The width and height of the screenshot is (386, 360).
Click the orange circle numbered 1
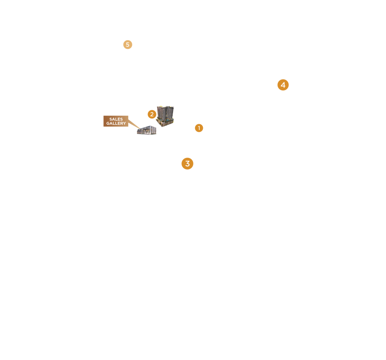(x=199, y=128)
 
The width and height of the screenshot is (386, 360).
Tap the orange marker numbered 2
(x=152, y=114)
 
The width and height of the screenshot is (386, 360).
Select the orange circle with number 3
(x=187, y=163)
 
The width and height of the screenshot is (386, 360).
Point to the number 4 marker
(x=283, y=85)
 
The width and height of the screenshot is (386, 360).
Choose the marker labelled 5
(x=128, y=45)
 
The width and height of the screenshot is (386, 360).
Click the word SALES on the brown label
(x=116, y=119)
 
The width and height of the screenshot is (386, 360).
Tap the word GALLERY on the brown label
(x=116, y=124)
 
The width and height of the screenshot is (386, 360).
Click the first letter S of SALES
(x=111, y=119)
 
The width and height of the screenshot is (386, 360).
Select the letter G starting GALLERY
(x=108, y=124)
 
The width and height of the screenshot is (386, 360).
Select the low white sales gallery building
(x=147, y=130)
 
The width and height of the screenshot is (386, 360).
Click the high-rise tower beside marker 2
(x=165, y=113)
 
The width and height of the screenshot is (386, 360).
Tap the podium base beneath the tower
(x=164, y=122)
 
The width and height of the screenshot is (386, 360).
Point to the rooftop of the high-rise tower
(x=166, y=107)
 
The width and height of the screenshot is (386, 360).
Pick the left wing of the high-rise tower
(x=161, y=113)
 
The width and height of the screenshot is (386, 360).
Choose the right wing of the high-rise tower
(x=170, y=112)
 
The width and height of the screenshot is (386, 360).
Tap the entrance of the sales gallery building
(x=146, y=132)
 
